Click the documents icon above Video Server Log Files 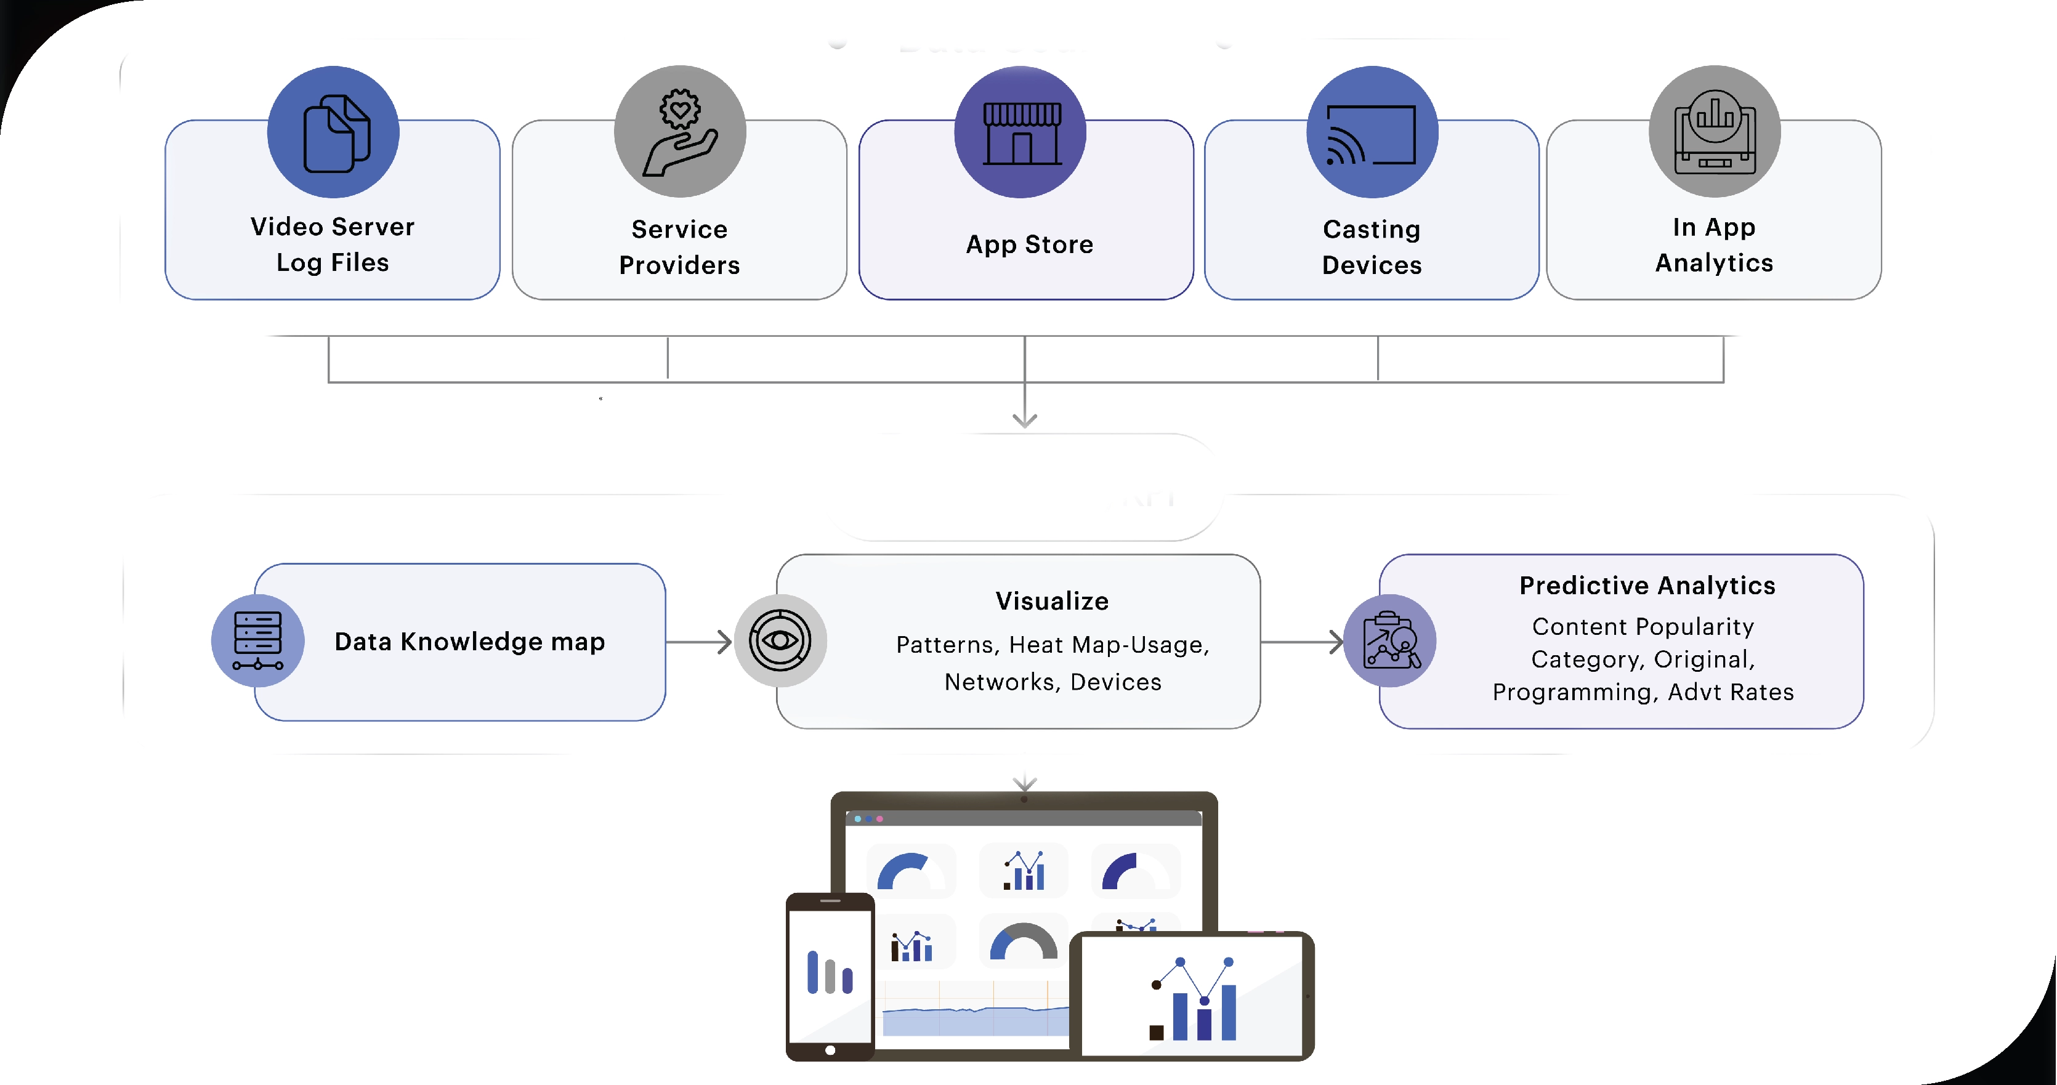[x=334, y=132]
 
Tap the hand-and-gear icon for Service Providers [x=679, y=132]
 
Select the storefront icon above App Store [x=1020, y=132]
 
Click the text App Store [x=1029, y=244]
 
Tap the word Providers [x=679, y=265]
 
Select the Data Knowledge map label [x=469, y=641]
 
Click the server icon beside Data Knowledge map [x=257, y=640]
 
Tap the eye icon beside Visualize [x=780, y=640]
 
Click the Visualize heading [x=1052, y=600]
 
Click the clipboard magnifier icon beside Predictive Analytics [x=1389, y=640]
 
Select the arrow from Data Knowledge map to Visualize [x=700, y=642]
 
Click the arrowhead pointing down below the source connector [x=1025, y=419]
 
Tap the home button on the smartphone [x=830, y=1050]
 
